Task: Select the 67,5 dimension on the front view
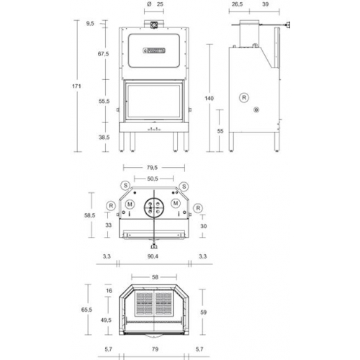click(103, 54)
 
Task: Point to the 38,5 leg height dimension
click(103, 136)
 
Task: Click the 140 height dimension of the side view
click(210, 99)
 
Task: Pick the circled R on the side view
click(244, 96)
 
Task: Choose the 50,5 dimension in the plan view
click(152, 179)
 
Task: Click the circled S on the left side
click(125, 186)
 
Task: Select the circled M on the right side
click(176, 205)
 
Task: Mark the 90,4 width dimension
click(153, 256)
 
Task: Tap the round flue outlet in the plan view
click(152, 207)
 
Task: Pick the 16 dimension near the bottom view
click(109, 291)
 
